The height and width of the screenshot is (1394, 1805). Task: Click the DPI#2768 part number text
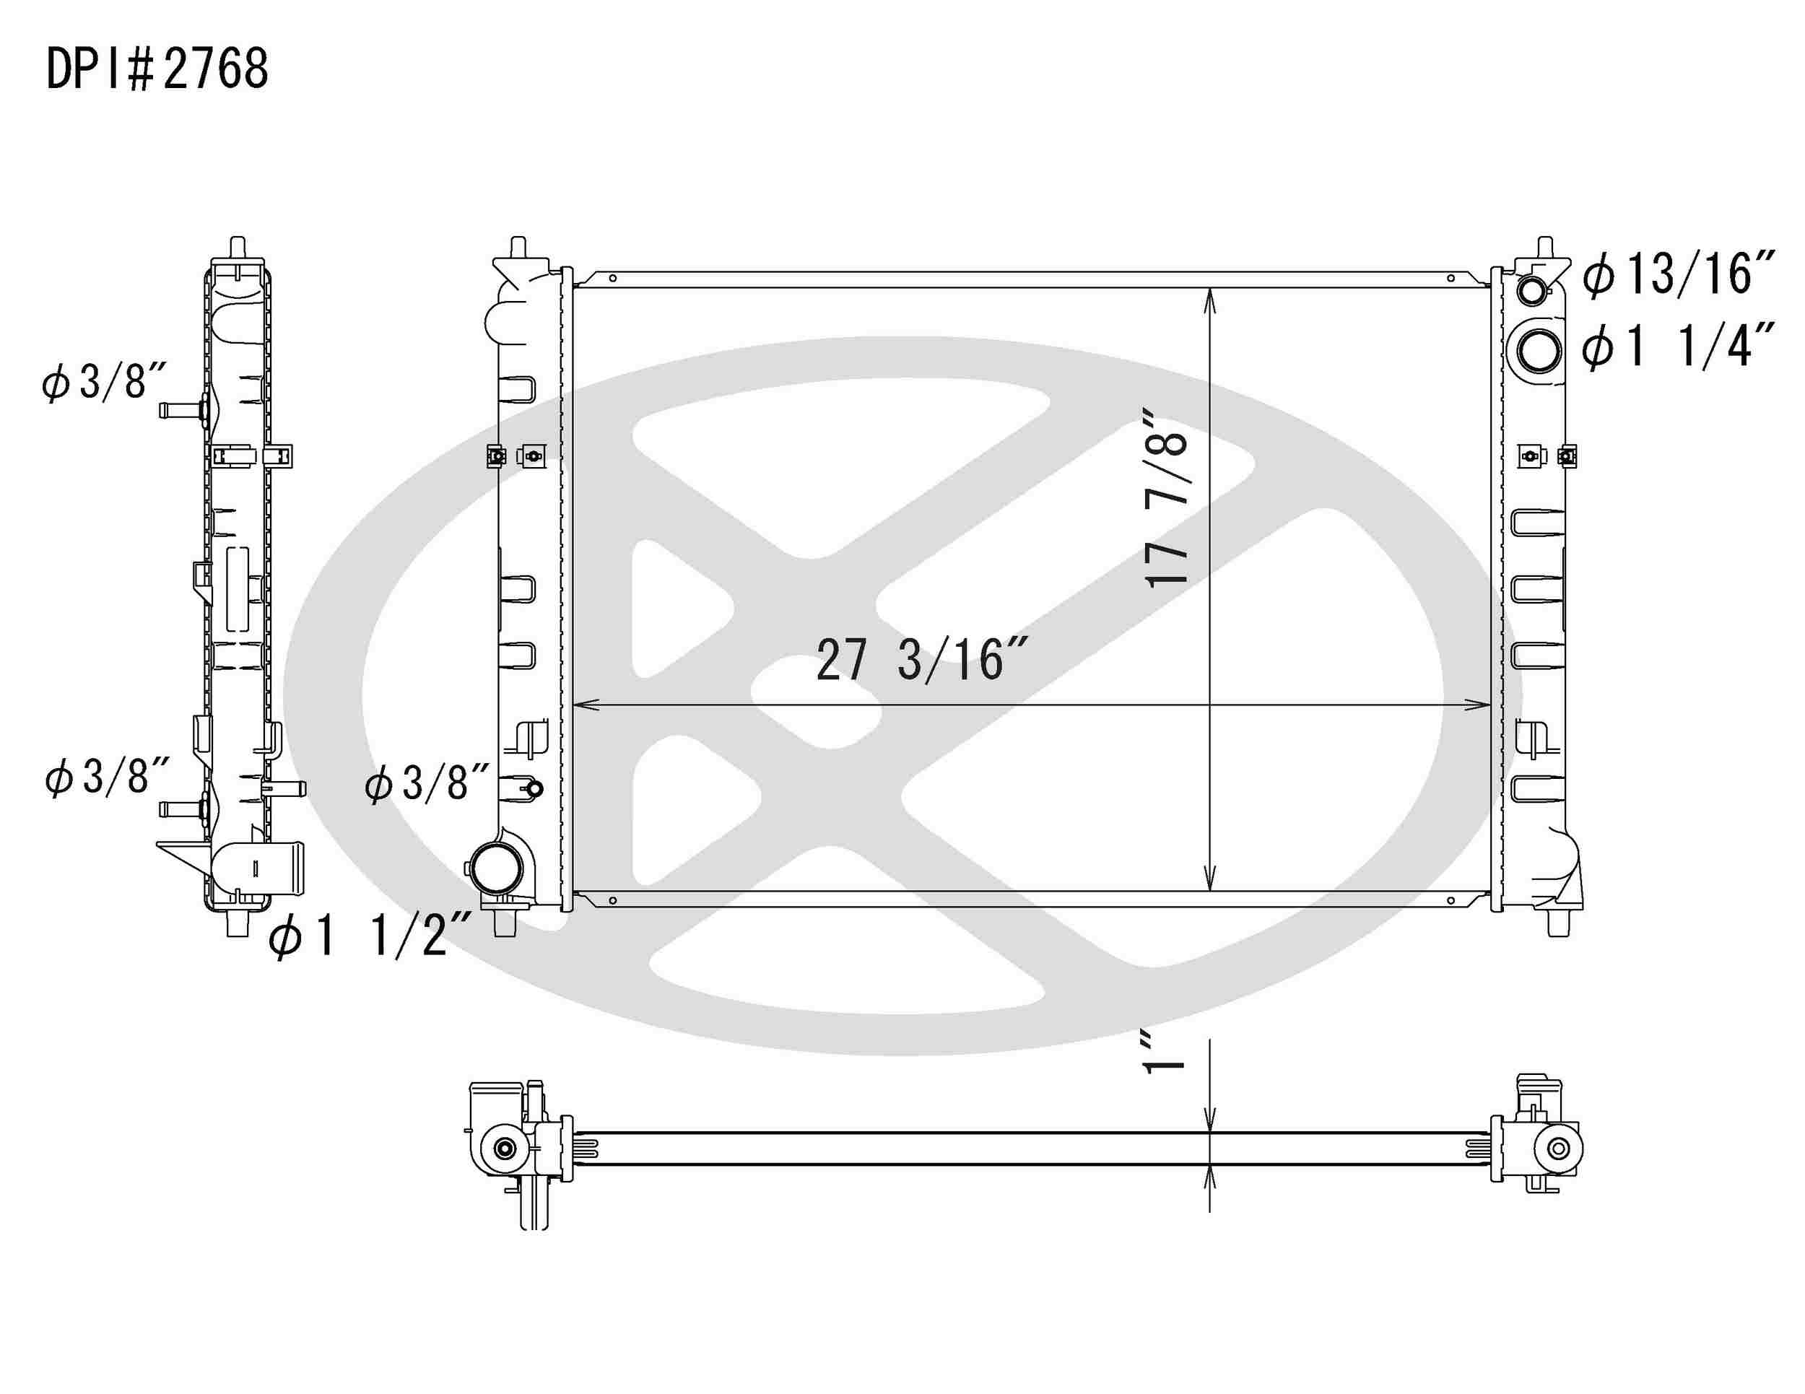point(157,69)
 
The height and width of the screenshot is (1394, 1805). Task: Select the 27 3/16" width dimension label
point(921,661)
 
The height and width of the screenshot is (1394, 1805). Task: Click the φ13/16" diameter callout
point(1678,274)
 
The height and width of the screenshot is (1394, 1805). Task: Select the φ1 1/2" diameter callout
point(370,936)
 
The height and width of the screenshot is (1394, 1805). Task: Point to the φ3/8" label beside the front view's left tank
point(427,783)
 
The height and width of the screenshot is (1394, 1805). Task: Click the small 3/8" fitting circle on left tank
point(535,789)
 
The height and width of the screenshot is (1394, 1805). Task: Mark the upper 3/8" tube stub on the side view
point(178,409)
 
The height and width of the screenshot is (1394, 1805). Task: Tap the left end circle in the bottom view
point(504,1149)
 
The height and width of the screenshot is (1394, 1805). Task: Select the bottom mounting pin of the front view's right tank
point(1558,925)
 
